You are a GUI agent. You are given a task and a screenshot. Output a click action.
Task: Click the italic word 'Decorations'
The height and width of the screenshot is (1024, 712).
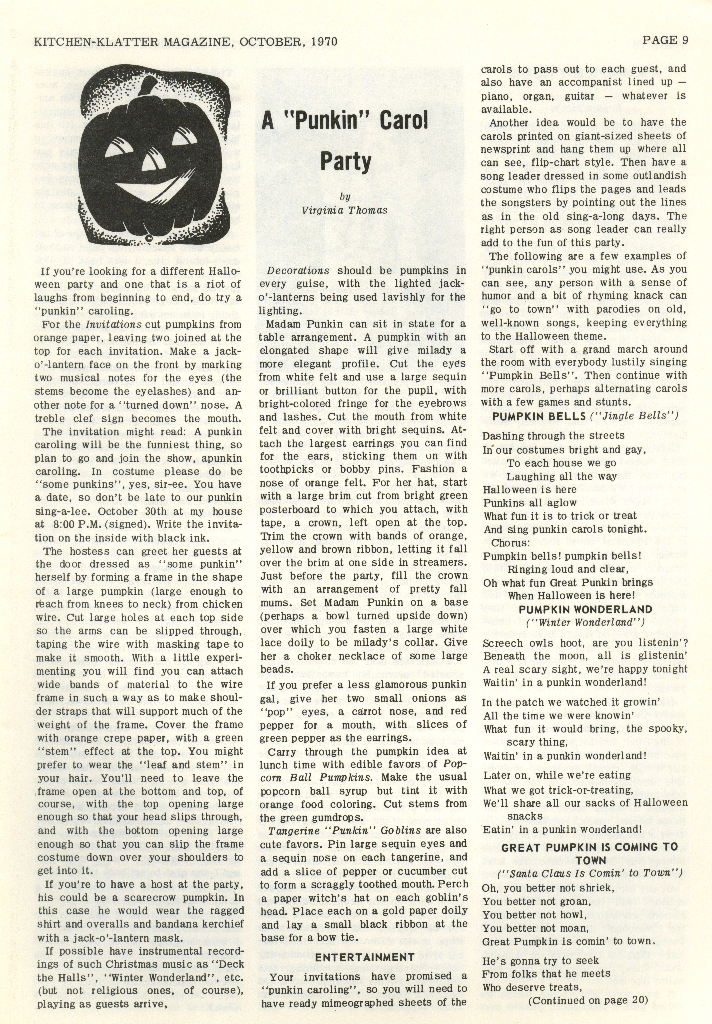pyautogui.click(x=298, y=271)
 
